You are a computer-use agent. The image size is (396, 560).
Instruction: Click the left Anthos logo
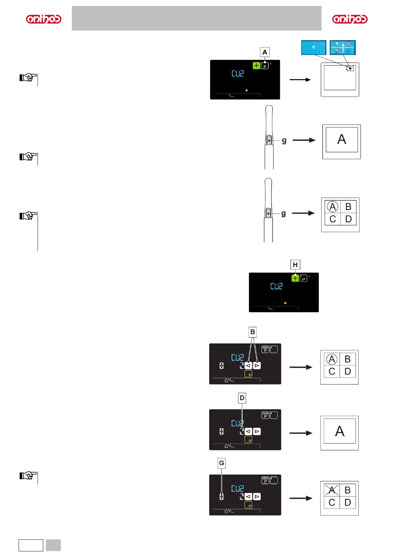point(44,19)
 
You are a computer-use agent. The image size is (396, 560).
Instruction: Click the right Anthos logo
point(350,19)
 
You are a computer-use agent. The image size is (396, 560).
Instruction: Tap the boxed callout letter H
point(295,265)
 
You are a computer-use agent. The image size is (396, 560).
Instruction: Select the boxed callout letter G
point(221,463)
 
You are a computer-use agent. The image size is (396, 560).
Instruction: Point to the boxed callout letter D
point(242,398)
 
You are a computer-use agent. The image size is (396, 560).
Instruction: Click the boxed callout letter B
point(253,332)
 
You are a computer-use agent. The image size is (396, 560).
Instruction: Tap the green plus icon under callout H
point(295,278)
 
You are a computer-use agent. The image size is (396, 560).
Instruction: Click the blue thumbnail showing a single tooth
point(314,48)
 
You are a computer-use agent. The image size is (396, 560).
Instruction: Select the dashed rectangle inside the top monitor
point(350,69)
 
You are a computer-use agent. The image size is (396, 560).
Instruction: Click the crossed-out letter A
point(331,490)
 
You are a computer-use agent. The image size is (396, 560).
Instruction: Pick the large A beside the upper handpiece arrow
point(341,139)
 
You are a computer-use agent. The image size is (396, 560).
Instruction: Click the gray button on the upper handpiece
point(269,140)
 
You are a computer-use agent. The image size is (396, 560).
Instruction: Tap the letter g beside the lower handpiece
point(283,213)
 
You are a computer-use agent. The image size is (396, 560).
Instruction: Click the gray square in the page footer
point(53,545)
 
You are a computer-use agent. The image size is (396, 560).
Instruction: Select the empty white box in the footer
point(31,545)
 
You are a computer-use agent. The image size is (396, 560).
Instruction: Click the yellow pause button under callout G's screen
point(248,505)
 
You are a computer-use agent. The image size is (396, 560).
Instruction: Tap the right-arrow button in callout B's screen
point(257,365)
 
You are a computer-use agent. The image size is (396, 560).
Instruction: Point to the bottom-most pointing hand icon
point(28,476)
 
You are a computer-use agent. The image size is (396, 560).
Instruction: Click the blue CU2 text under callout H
point(276,286)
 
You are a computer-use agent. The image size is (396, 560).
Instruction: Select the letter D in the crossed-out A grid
point(347,502)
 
